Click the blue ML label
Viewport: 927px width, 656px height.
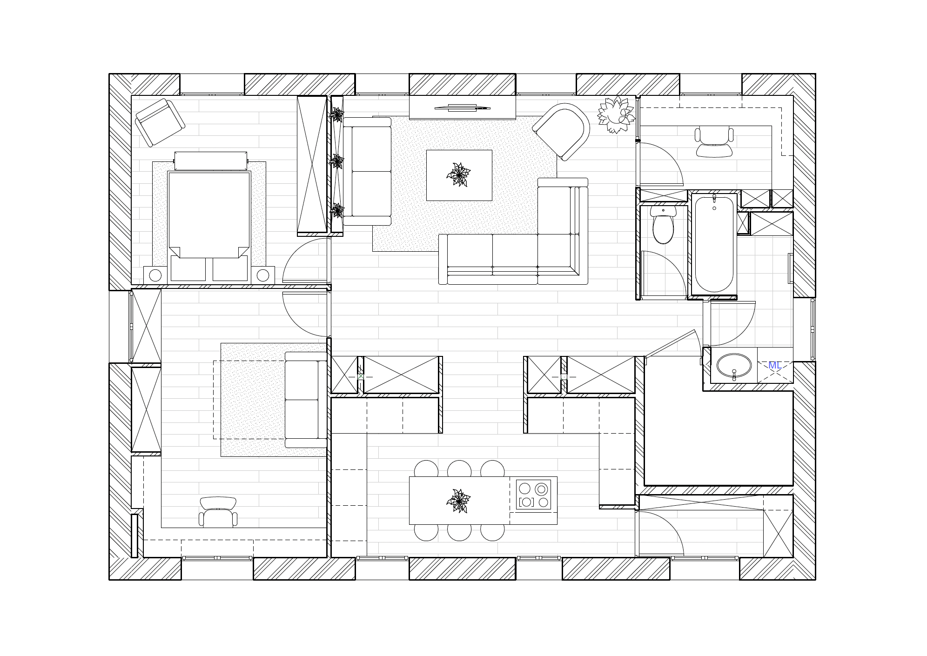(775, 365)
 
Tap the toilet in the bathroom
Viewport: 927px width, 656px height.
(663, 225)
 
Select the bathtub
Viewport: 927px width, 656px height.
(714, 244)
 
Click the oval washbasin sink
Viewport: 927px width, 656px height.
(734, 365)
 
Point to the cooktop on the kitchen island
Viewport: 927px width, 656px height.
(533, 495)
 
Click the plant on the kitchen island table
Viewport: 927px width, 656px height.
(459, 501)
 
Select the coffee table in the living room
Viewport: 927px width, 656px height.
(459, 175)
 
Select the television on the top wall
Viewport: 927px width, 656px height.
(463, 108)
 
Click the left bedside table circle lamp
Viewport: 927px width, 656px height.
(155, 275)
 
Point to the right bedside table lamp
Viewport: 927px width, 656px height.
(263, 275)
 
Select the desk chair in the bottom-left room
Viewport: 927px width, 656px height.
(218, 512)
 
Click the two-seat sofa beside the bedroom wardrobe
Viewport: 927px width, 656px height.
(367, 171)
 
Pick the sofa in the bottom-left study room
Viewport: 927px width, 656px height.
(306, 400)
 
